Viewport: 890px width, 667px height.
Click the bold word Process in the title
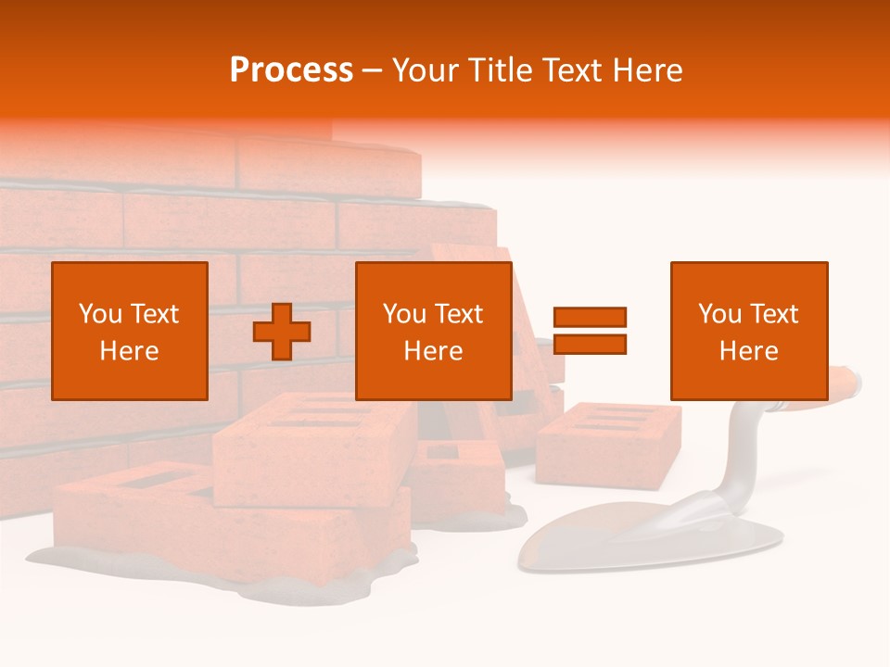(291, 69)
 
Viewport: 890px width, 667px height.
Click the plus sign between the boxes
(282, 332)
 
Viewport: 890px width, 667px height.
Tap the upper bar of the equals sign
(590, 317)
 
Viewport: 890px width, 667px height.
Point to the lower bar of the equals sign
(590, 345)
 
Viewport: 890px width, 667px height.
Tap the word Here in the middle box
(434, 351)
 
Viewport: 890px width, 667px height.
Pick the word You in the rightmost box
(720, 314)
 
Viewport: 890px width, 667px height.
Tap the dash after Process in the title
(372, 70)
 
